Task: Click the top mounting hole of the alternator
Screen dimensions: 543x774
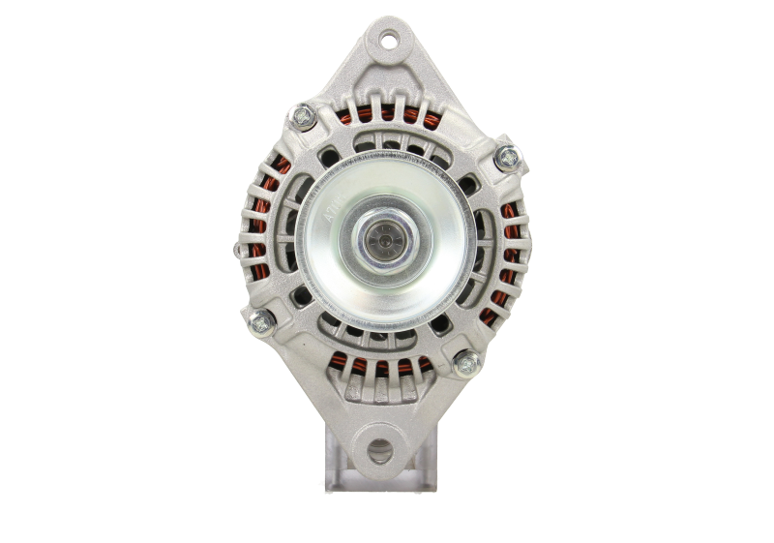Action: point(388,42)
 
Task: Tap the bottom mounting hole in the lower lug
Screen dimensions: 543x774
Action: point(380,449)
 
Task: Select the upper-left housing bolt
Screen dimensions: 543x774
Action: point(301,117)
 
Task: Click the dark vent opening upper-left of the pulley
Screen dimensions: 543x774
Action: point(326,154)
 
